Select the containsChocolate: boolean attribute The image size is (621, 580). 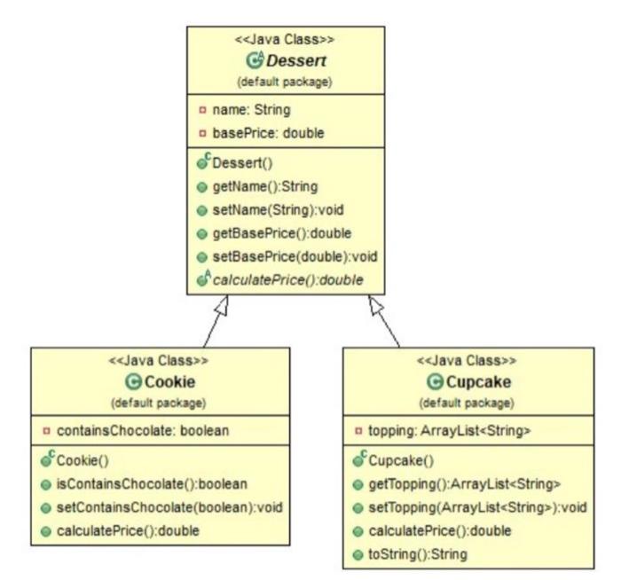142,431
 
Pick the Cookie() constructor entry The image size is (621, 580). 88,461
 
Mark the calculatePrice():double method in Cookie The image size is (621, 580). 130,530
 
